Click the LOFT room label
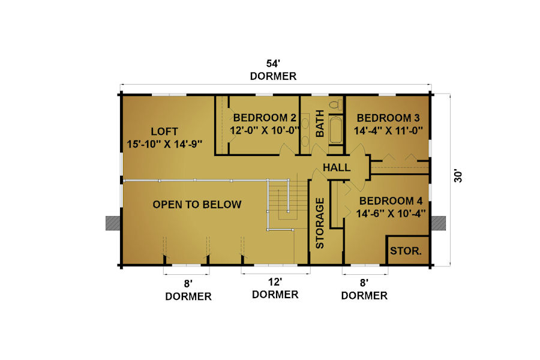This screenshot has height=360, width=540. click(x=164, y=131)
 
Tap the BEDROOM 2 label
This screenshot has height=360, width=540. click(x=265, y=118)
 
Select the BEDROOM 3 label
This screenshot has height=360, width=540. click(x=388, y=118)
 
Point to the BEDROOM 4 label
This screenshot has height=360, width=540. click(x=391, y=201)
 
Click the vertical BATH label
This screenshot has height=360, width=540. click(x=320, y=124)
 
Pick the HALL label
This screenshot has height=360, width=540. click(x=337, y=168)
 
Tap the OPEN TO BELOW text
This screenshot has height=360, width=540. click(x=197, y=205)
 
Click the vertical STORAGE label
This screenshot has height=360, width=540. click(x=320, y=223)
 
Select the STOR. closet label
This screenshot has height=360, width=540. click(x=406, y=251)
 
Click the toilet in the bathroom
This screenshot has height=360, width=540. click(x=335, y=104)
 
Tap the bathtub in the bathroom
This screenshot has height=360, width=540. click(x=335, y=130)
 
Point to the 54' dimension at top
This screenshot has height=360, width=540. click(x=273, y=64)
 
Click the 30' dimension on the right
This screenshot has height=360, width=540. click(x=458, y=176)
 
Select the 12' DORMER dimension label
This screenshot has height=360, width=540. click(x=275, y=289)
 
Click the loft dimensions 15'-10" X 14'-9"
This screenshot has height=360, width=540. click(x=164, y=144)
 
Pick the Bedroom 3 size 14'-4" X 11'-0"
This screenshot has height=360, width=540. click(x=388, y=131)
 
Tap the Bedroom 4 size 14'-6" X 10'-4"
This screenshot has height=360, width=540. click(x=391, y=214)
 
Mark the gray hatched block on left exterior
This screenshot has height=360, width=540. click(x=113, y=223)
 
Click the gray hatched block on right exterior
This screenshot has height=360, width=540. click(x=439, y=223)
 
